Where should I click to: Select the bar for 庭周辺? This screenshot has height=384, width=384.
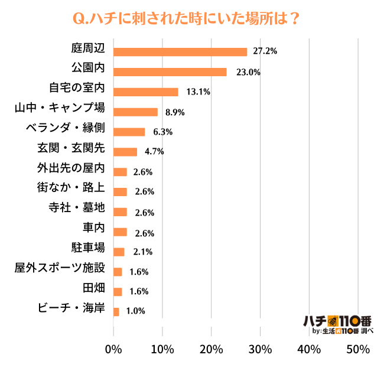180,52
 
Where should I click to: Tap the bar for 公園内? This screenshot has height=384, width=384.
170,72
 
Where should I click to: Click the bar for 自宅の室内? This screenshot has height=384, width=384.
145,92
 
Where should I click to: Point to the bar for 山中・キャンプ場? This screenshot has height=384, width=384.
135,112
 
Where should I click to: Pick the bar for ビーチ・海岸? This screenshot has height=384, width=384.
116,311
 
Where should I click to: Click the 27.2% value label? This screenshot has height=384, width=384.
265,52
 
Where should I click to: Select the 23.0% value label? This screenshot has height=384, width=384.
245,72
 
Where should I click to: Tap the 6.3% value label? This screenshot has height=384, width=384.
162,132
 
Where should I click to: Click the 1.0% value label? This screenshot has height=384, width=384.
135,311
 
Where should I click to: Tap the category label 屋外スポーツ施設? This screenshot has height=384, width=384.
59,268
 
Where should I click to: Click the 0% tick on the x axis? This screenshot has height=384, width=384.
113,349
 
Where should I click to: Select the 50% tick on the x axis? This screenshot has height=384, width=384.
357,349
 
